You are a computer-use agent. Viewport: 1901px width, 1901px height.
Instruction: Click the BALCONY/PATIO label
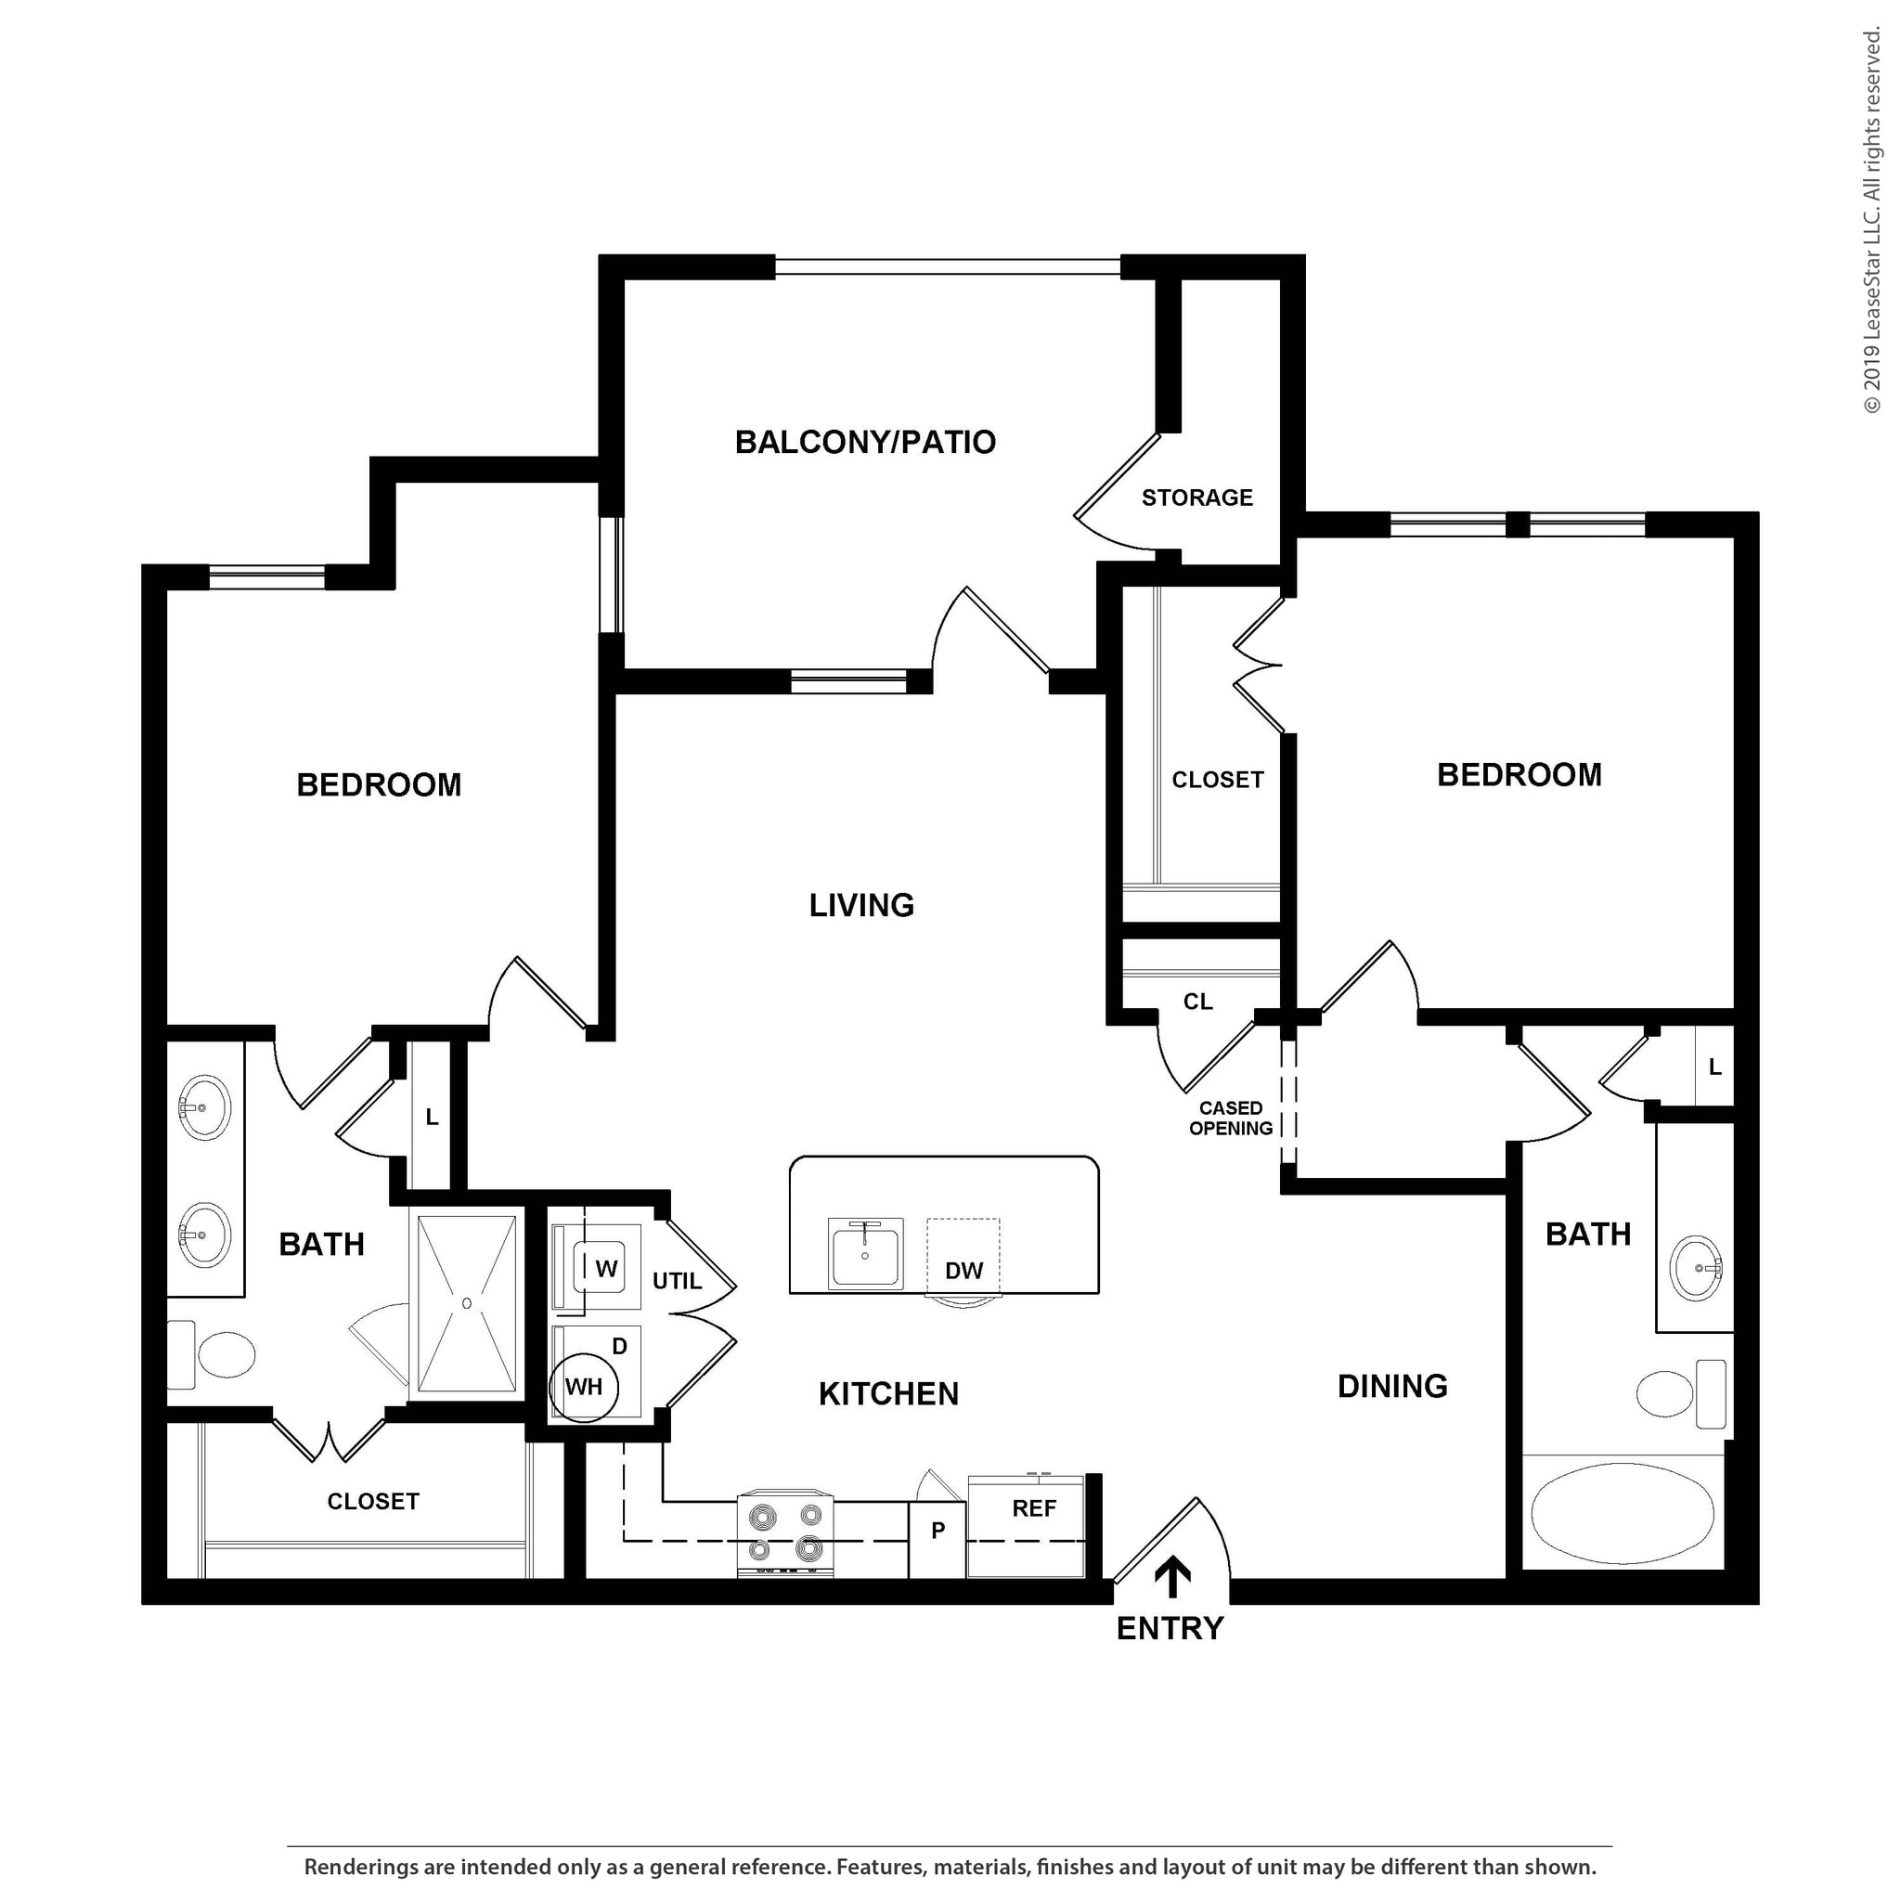click(x=865, y=443)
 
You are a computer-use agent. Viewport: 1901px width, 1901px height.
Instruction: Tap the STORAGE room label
click(x=1196, y=498)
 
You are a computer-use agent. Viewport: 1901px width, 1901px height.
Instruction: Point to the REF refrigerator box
click(x=1033, y=1509)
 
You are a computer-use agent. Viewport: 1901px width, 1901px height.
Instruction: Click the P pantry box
click(x=937, y=1530)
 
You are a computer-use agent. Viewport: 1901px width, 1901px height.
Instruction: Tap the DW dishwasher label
click(x=963, y=1271)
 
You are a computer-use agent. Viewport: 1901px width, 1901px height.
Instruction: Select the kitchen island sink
click(x=865, y=1252)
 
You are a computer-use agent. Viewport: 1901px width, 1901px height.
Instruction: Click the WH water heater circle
click(x=584, y=1388)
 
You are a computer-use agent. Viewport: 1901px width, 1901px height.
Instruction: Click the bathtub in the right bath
click(x=1623, y=1512)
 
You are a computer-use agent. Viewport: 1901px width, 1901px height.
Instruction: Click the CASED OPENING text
click(x=1230, y=1119)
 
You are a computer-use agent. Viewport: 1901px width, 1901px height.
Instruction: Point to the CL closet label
click(x=1197, y=1002)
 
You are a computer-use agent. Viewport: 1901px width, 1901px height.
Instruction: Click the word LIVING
click(x=861, y=905)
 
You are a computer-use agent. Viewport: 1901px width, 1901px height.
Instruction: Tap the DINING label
click(x=1391, y=1387)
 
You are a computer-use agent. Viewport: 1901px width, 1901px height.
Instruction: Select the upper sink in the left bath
click(x=204, y=1107)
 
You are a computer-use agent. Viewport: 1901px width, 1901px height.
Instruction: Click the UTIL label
click(x=677, y=1281)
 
